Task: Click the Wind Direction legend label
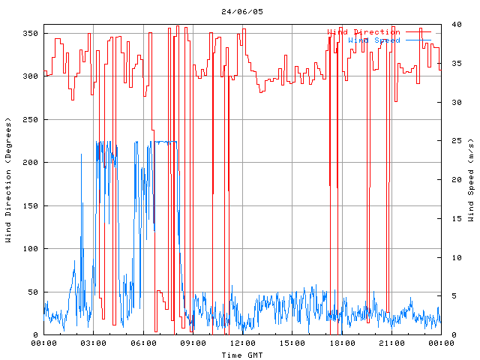[364, 32]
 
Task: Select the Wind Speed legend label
[374, 40]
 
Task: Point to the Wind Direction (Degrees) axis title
[8, 180]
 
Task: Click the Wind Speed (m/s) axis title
[471, 180]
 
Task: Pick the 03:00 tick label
[93, 343]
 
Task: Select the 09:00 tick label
[192, 343]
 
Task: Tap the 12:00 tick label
[241, 343]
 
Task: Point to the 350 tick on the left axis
[30, 33]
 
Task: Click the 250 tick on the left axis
[30, 119]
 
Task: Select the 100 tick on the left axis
[30, 248]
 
